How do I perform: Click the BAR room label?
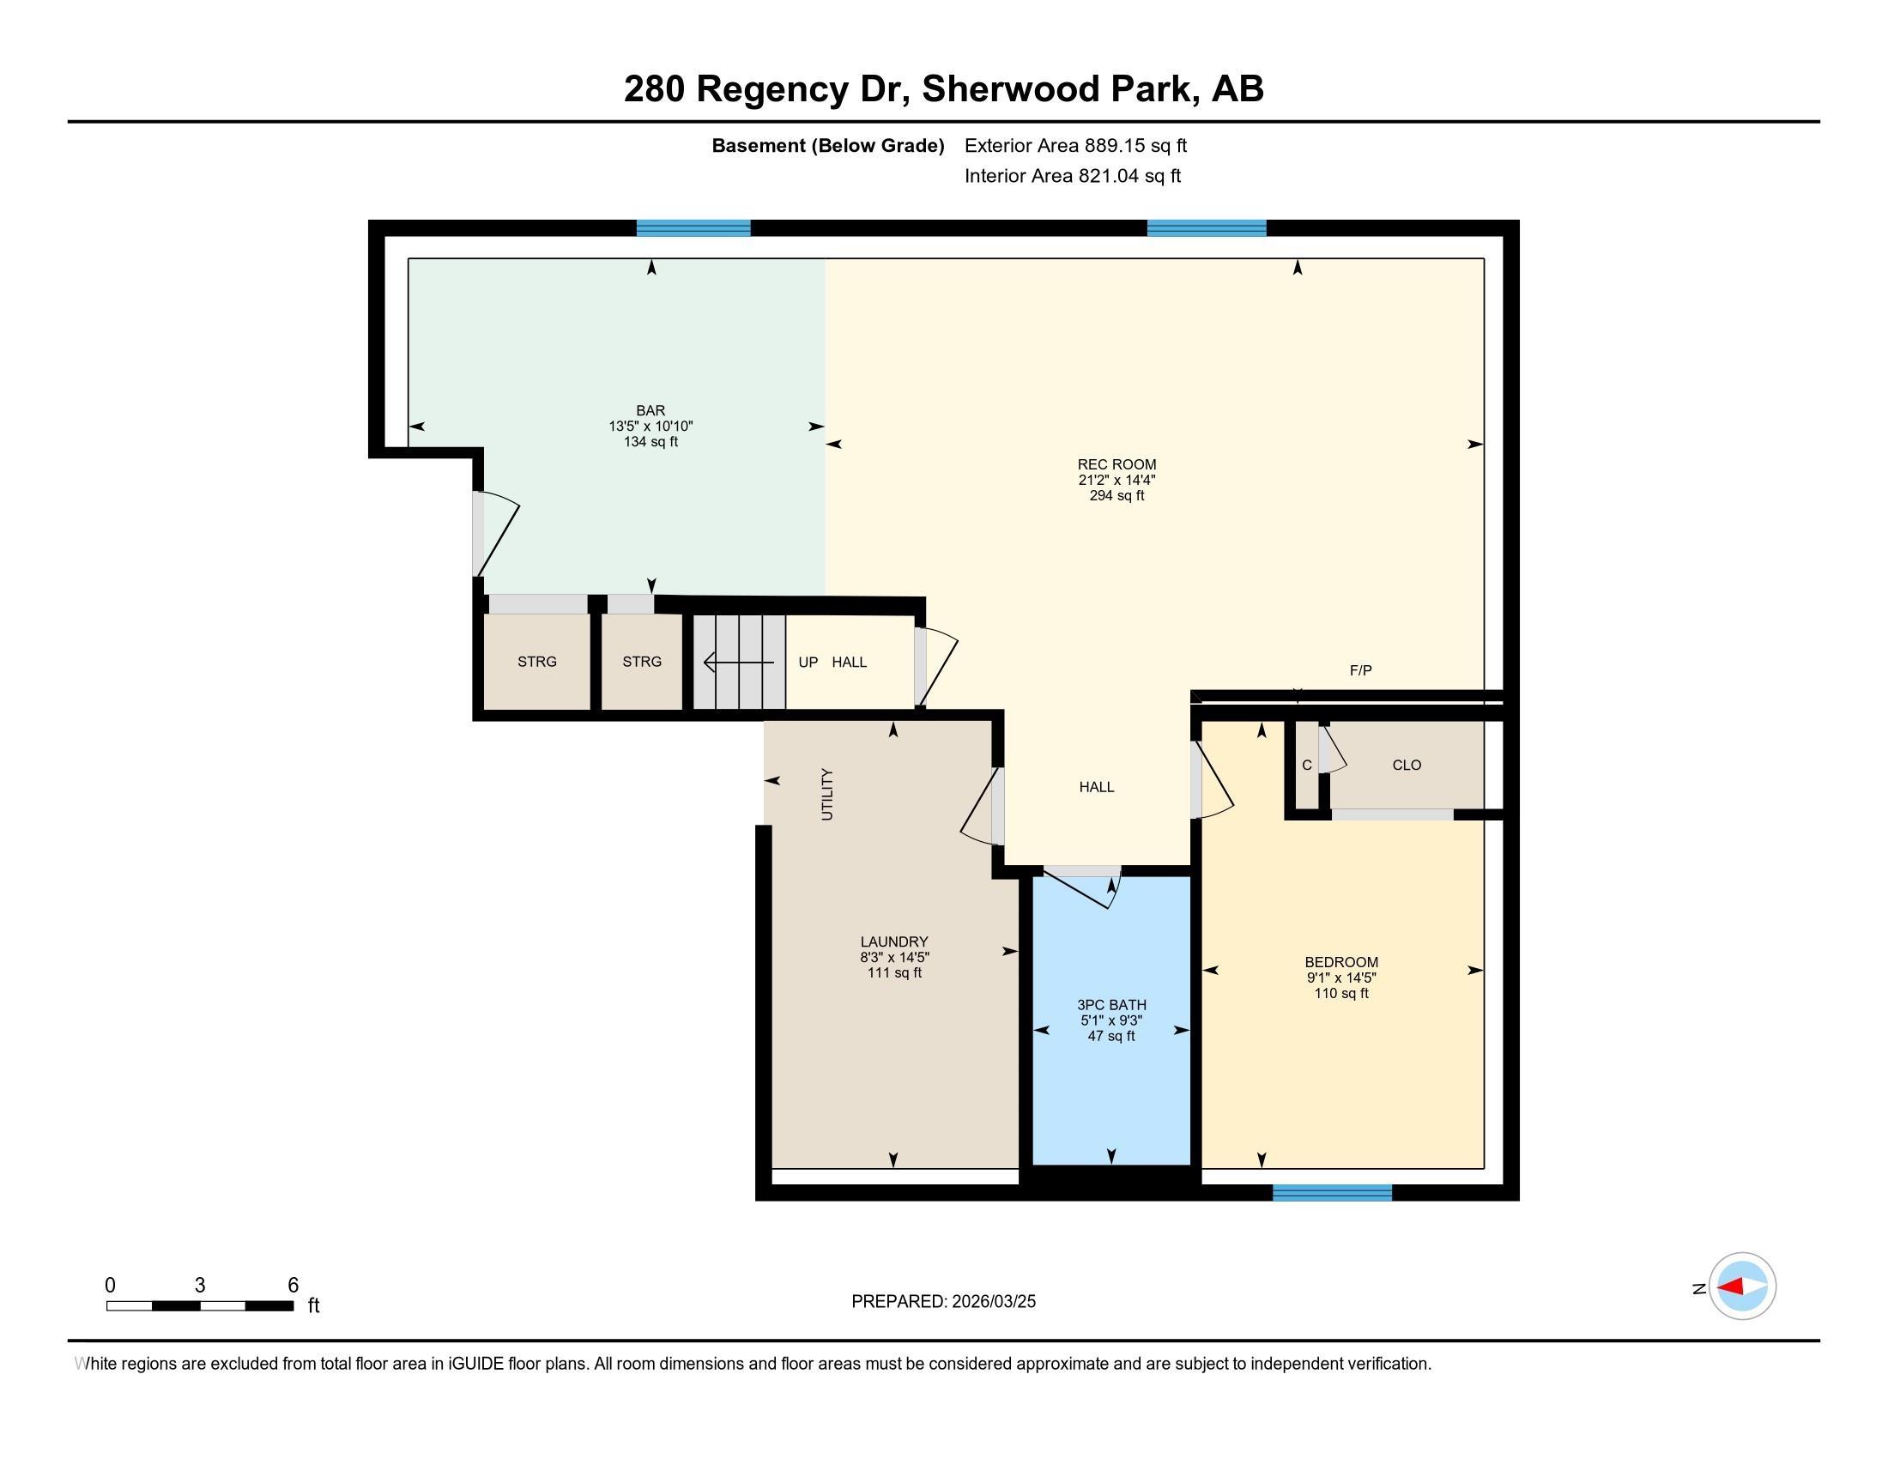[x=651, y=410]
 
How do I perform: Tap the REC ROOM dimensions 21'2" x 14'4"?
[x=1116, y=480]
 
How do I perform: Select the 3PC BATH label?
[x=1110, y=1004]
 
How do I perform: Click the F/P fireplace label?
[x=1360, y=670]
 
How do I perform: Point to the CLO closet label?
[x=1407, y=765]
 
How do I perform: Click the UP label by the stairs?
[x=808, y=662]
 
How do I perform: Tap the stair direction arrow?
[x=738, y=663]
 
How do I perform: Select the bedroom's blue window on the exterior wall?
[x=1331, y=1193]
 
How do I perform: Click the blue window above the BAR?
[x=693, y=228]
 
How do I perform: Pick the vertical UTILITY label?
[x=826, y=794]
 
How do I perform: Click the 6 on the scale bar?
[x=293, y=1286]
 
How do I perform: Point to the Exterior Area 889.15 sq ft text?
[x=1074, y=145]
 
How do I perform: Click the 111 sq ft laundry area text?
[x=894, y=972]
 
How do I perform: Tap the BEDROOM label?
[x=1340, y=962]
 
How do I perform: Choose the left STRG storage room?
[x=536, y=661]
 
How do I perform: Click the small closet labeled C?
[x=1306, y=765]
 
